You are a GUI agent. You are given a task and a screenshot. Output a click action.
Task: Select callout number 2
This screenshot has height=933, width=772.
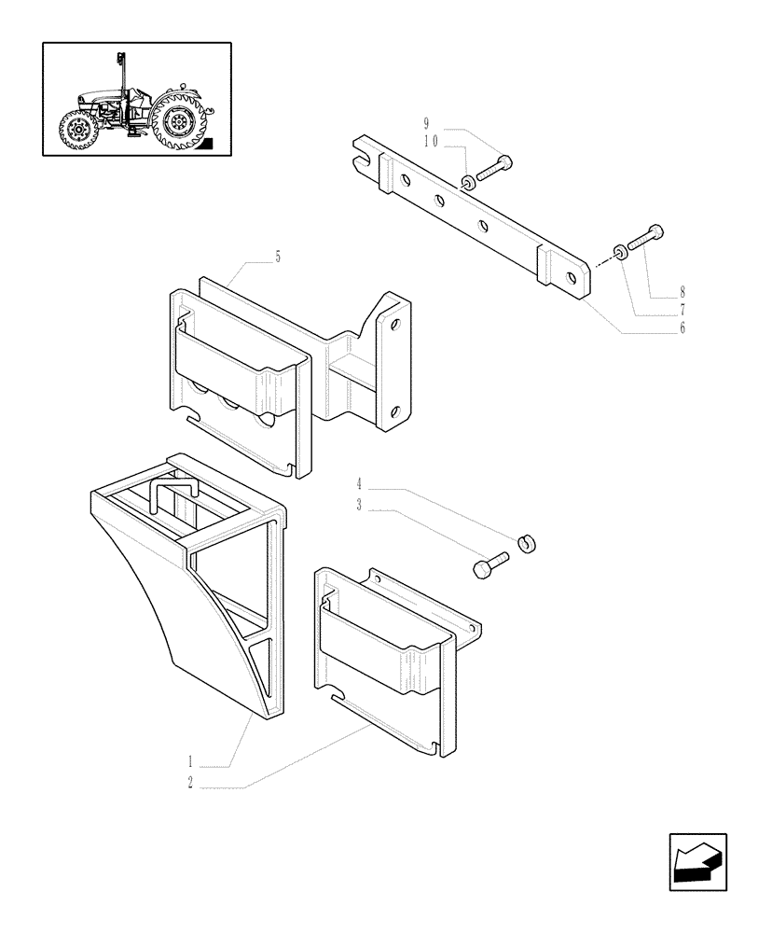[x=190, y=785]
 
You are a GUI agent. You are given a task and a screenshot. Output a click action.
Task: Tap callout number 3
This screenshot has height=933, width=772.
[x=358, y=508]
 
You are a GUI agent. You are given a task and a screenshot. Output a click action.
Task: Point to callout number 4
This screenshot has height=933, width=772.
[x=358, y=484]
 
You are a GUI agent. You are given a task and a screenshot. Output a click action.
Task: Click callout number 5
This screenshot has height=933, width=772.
[x=277, y=257]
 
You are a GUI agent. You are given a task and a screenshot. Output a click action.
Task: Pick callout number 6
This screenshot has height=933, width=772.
[x=682, y=328]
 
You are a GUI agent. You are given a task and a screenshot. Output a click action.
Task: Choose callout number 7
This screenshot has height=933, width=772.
[x=682, y=309]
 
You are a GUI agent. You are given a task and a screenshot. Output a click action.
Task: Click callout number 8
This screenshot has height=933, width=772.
[x=682, y=290]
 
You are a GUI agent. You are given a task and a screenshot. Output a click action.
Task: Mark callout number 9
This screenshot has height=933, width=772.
[x=427, y=124]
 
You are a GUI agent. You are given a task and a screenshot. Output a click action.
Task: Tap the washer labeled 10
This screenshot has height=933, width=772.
[x=469, y=179]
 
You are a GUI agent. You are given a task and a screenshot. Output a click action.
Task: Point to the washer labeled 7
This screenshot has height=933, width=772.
[x=619, y=250]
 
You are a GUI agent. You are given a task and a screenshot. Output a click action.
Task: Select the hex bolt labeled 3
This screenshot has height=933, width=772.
[x=489, y=564]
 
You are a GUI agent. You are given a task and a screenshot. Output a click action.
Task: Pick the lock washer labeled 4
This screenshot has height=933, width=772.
[x=528, y=542]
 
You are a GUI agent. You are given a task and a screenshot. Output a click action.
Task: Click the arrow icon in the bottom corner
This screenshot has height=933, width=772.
[x=697, y=862]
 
